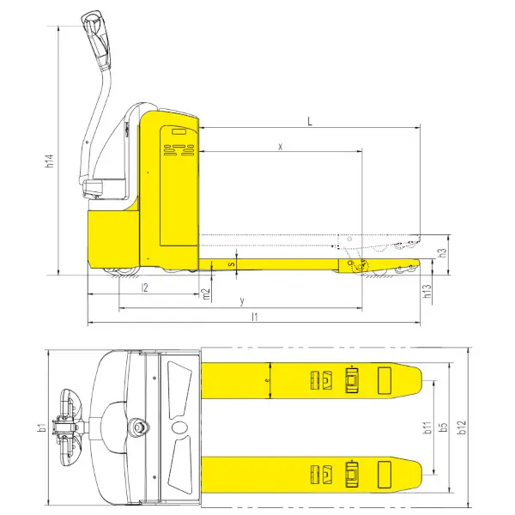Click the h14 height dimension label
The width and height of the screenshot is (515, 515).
pyautogui.click(x=50, y=161)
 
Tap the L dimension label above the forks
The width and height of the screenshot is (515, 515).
pyautogui.click(x=310, y=122)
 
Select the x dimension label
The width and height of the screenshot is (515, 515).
pyautogui.click(x=280, y=147)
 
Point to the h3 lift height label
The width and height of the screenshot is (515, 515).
pyautogui.click(x=443, y=252)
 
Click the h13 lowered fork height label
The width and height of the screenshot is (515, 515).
pyautogui.click(x=427, y=291)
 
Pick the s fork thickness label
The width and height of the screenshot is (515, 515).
pyautogui.click(x=233, y=264)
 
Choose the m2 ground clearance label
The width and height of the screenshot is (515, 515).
pyautogui.click(x=206, y=294)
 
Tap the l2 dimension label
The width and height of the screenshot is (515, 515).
pyautogui.click(x=144, y=288)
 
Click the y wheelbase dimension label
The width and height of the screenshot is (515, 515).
pyautogui.click(x=242, y=300)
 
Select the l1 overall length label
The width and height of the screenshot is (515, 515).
pyautogui.click(x=255, y=317)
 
